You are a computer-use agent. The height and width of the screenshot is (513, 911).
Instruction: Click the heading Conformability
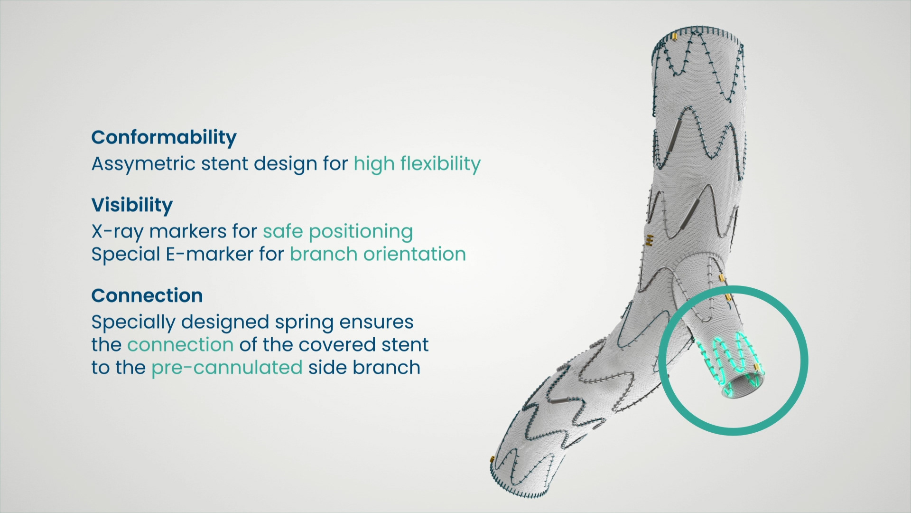[164, 138]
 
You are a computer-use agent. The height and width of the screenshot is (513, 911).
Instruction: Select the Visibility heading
[132, 205]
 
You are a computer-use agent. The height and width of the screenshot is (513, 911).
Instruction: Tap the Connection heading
[147, 295]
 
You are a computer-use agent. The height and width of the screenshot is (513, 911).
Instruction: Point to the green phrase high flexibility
[417, 163]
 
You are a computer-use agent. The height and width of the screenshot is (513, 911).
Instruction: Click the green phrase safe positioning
[338, 232]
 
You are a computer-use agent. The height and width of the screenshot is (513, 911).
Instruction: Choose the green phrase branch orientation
[378, 254]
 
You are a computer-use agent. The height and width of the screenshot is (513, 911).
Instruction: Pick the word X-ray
[118, 232]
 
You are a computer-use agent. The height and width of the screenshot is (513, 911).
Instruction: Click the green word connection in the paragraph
[180, 345]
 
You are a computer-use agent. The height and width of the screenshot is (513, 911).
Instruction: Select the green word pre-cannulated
[227, 368]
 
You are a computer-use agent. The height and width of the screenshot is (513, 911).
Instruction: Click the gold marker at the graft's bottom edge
[493, 461]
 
